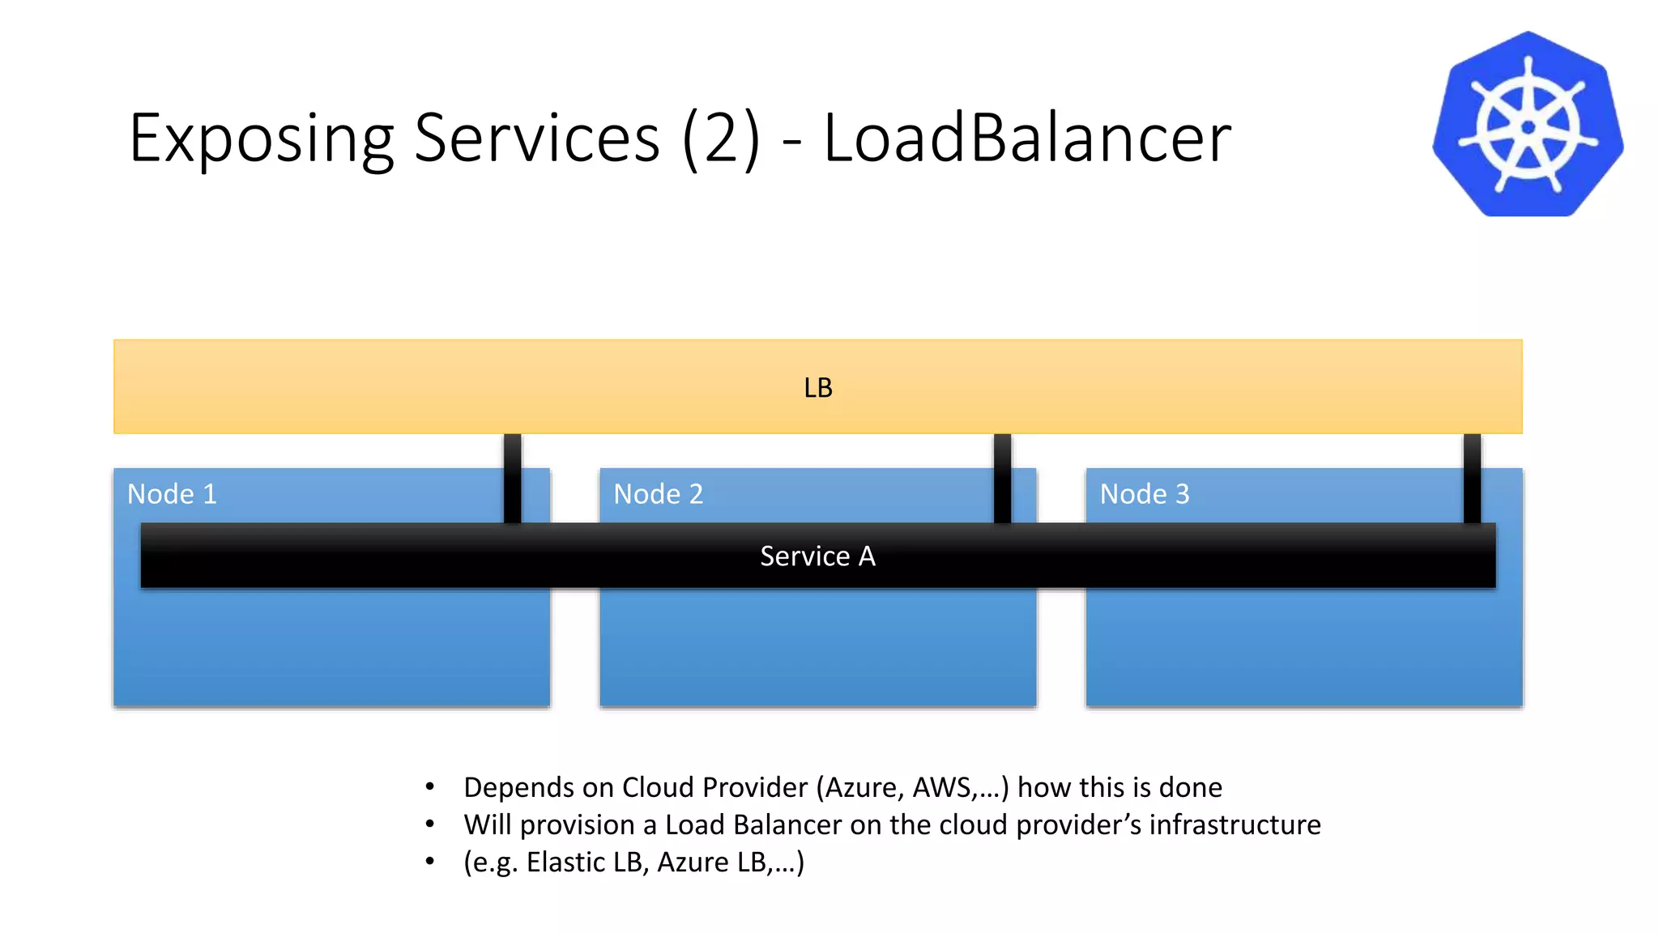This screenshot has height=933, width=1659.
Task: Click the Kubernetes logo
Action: [1528, 125]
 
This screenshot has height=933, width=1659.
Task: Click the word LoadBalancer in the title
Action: [1026, 138]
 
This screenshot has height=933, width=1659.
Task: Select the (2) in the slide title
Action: [722, 138]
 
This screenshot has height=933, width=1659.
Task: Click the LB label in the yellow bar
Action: [818, 388]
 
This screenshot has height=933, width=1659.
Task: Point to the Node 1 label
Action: [172, 494]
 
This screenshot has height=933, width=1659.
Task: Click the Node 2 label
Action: [658, 494]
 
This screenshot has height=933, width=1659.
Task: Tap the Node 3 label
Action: [1144, 494]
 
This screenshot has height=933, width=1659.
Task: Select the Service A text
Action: [817, 556]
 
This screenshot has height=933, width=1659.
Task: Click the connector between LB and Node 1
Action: [512, 478]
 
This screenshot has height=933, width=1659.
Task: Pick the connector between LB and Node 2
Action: [1002, 478]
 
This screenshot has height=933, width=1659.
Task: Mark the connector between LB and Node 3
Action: [1472, 478]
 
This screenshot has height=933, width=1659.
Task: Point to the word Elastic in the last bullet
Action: [565, 862]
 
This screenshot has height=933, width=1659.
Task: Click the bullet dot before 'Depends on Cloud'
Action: [430, 786]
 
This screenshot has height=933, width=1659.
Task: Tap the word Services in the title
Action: [537, 138]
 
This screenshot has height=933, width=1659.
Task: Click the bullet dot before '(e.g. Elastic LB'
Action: [430, 861]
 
